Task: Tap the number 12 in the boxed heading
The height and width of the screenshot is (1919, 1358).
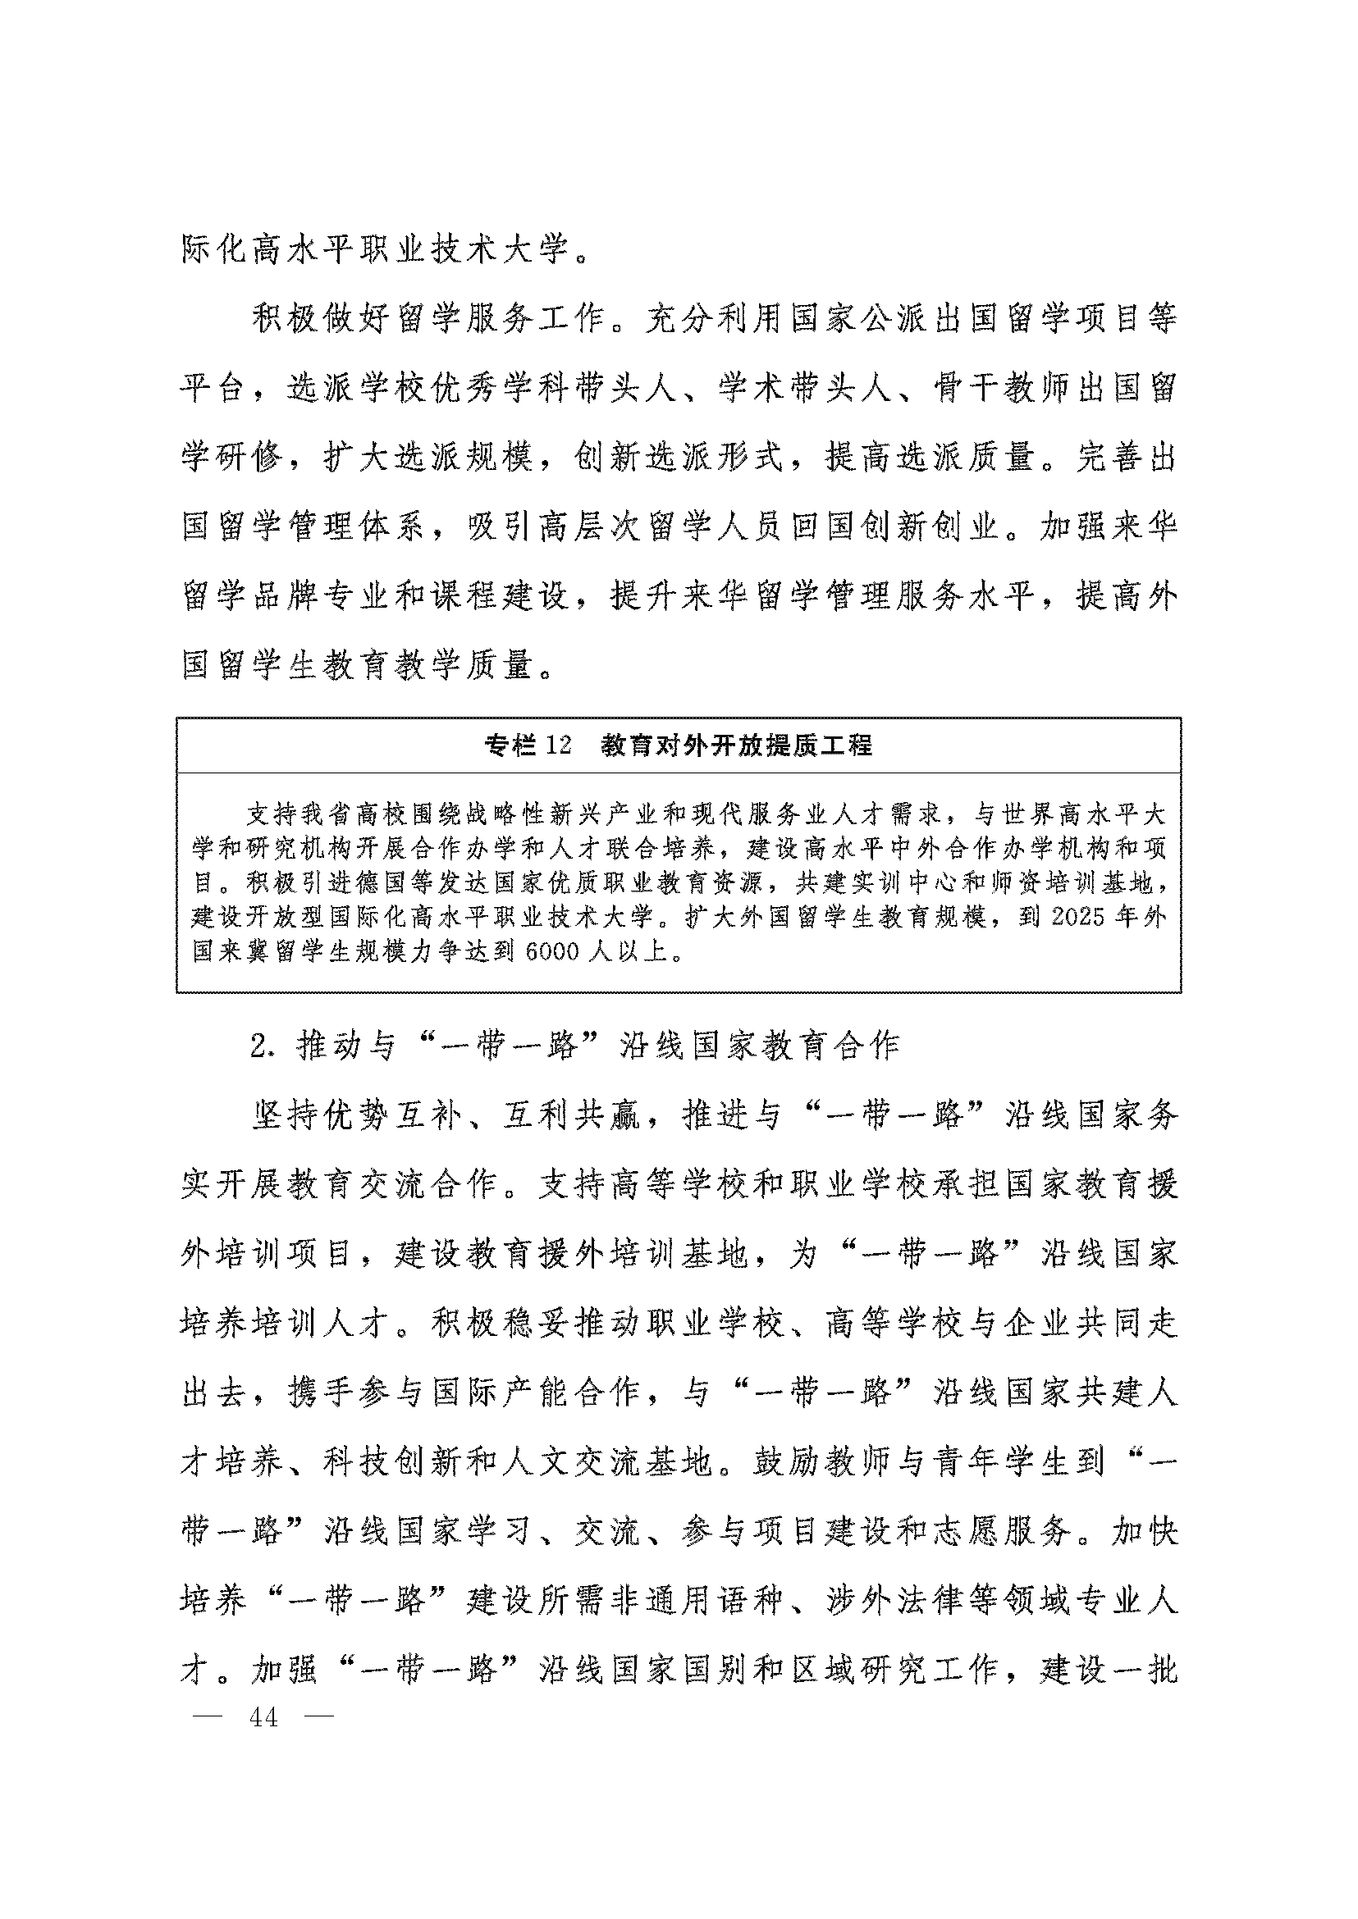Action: (558, 745)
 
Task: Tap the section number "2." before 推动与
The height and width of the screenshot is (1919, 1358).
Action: (263, 1046)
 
